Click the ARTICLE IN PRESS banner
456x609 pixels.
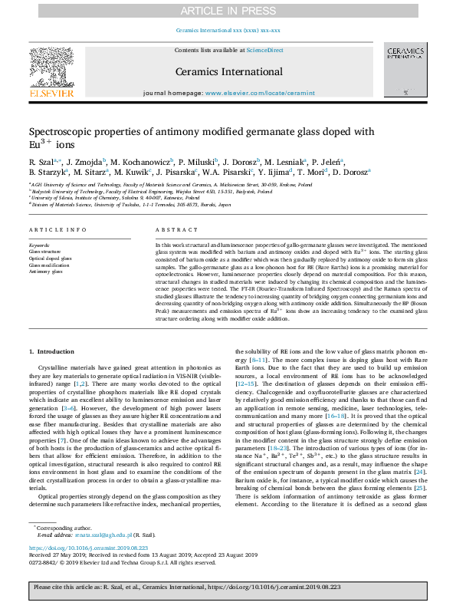pyautogui.click(x=228, y=10)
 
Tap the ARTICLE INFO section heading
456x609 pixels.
pyautogui.click(x=53, y=230)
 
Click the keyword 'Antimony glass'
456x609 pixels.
pyautogui.click(x=45, y=271)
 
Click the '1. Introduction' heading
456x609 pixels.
pyautogui.click(x=52, y=351)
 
